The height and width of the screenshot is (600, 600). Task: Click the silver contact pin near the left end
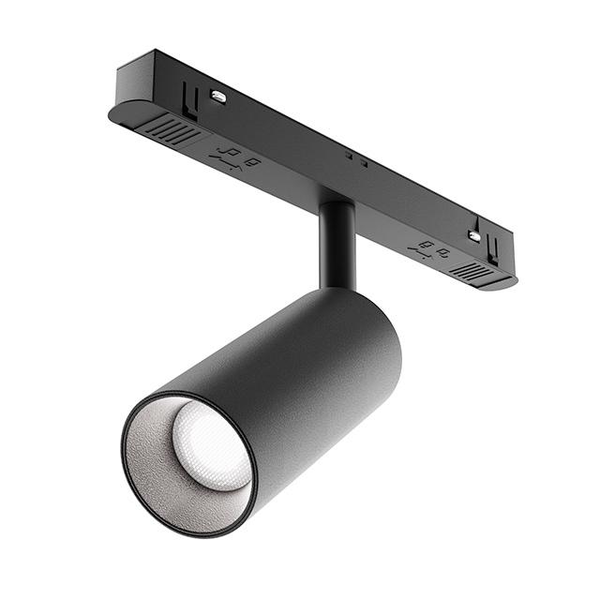(217, 96)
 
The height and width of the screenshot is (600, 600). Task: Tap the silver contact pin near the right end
(474, 236)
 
